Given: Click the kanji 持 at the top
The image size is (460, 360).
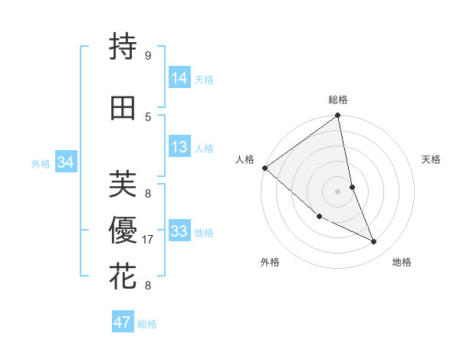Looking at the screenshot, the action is (x=123, y=47).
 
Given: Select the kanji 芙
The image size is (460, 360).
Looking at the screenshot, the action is (x=123, y=184).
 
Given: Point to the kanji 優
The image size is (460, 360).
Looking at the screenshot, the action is (x=123, y=231).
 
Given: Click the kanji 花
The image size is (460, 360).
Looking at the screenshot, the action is (x=123, y=277).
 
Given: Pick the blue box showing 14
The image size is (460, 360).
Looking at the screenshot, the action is (x=179, y=77).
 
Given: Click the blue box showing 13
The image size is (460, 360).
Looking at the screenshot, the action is (x=179, y=147).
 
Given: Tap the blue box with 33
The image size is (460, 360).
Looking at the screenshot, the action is (x=179, y=231).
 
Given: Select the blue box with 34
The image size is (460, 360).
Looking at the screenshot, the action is (x=65, y=162).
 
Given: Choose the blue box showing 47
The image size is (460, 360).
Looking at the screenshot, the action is (x=122, y=322).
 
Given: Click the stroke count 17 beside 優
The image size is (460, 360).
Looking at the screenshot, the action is (x=148, y=240).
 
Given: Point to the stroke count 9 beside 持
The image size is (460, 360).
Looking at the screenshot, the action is (x=148, y=56).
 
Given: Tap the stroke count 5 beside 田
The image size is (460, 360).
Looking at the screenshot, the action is (x=148, y=117).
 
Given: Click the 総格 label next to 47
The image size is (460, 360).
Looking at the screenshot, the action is (x=147, y=324).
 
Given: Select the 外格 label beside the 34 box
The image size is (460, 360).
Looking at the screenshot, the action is (x=41, y=163).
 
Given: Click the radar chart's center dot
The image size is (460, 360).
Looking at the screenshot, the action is (x=337, y=191).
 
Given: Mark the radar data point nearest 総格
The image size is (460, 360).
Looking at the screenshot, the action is (x=337, y=116).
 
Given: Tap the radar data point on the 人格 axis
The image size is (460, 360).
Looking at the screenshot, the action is (x=264, y=168).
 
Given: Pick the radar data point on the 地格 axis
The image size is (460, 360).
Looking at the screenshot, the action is (x=374, y=241).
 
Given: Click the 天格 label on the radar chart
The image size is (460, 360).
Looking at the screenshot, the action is (x=432, y=159).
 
